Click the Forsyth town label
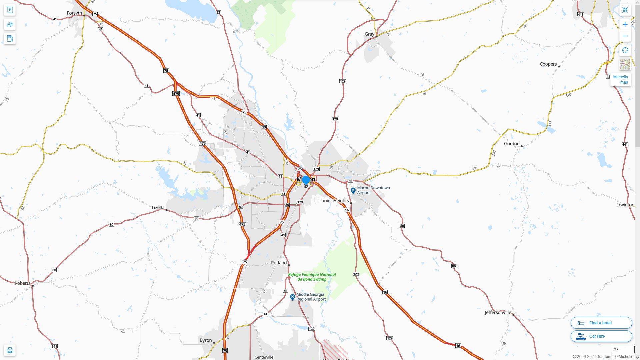pyautogui.click(x=74, y=13)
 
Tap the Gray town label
pyautogui.click(x=369, y=34)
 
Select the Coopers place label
pyautogui.click(x=548, y=64)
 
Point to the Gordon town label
pyautogui.click(x=511, y=144)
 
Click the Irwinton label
pyautogui.click(x=625, y=205)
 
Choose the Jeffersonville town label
pyautogui.click(x=498, y=312)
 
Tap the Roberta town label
pyautogui.click(x=23, y=283)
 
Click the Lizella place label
pyautogui.click(x=158, y=207)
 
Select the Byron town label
pyautogui.click(x=206, y=340)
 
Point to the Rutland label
pyautogui.click(x=279, y=263)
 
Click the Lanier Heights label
pyautogui.click(x=334, y=201)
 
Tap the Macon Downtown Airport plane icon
pyautogui.click(x=353, y=191)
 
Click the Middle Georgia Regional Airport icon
pyautogui.click(x=292, y=297)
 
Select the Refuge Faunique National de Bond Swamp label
pyautogui.click(x=312, y=277)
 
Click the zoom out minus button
pyautogui.click(x=625, y=36)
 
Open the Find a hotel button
pyautogui.click(x=601, y=323)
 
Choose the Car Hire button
pyautogui.click(x=601, y=336)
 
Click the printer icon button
pyautogui.click(x=10, y=350)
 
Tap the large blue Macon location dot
pyautogui.click(x=306, y=180)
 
